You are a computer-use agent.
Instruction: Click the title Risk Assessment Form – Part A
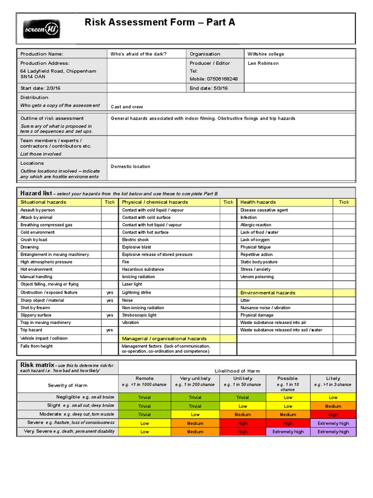(x=160, y=22)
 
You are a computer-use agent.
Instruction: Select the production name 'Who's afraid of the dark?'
(x=139, y=54)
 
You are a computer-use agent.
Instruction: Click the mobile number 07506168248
(x=214, y=79)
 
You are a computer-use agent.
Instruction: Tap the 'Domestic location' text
(x=131, y=166)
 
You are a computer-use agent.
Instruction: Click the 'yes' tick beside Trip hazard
(x=110, y=330)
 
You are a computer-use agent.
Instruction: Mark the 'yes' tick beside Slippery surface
(x=110, y=315)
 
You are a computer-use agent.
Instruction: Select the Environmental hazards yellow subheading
(x=268, y=293)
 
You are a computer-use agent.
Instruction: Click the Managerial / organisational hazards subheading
(x=164, y=338)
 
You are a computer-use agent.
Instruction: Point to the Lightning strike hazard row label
(x=136, y=293)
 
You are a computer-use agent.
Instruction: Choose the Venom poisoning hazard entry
(x=257, y=277)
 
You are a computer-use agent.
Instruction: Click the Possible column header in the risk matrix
(x=288, y=378)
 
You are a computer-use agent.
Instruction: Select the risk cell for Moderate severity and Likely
(x=333, y=414)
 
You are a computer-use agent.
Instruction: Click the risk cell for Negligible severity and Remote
(x=144, y=397)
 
